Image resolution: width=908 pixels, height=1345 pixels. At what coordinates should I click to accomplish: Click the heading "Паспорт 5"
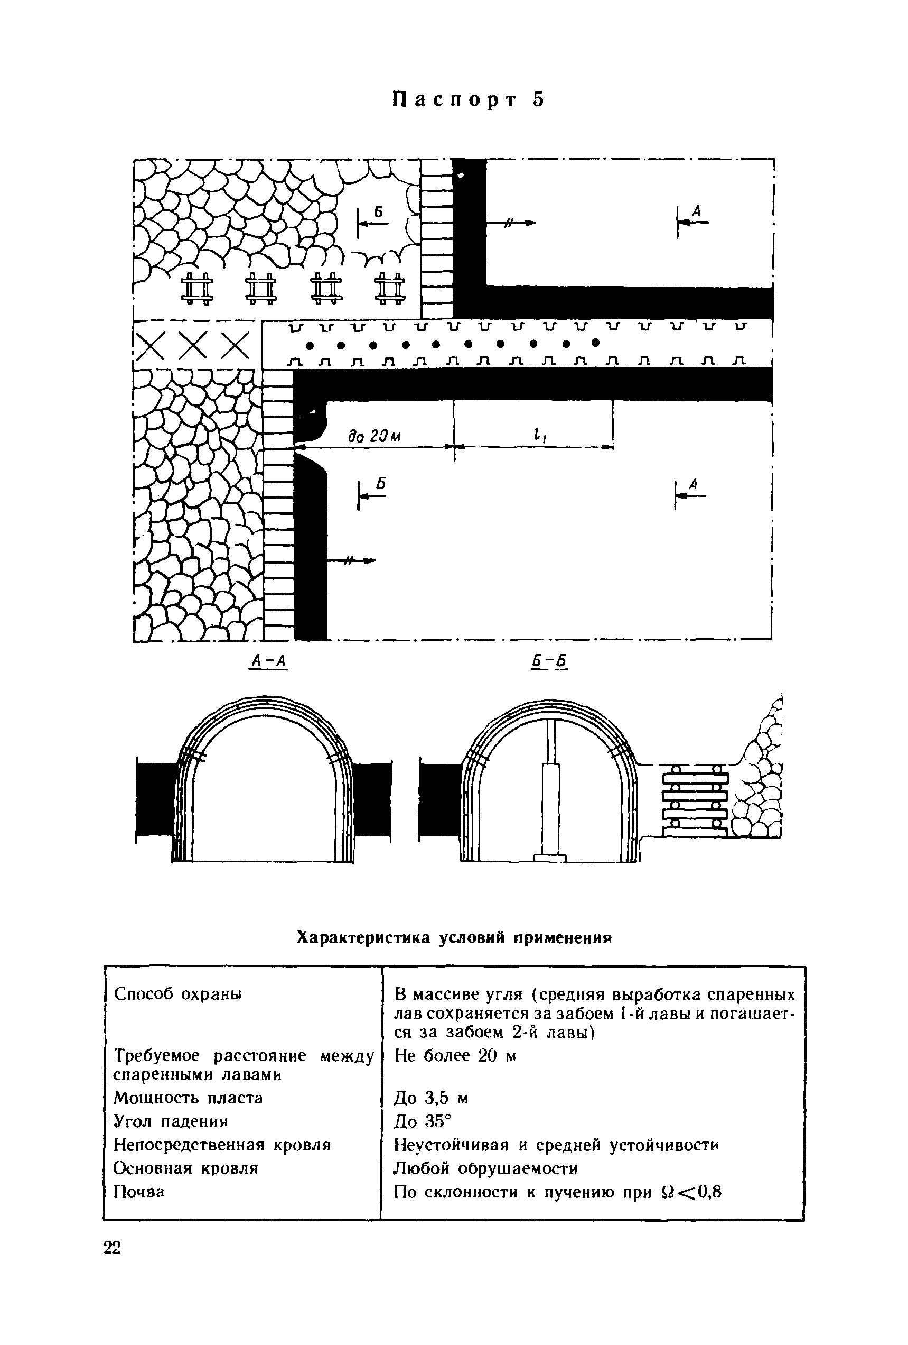coord(469,99)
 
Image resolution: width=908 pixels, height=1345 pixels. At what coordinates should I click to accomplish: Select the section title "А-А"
coord(268,660)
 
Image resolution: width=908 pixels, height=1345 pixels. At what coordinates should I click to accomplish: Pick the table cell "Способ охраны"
coord(177,994)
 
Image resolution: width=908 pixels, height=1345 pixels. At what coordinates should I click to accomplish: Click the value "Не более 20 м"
coord(455,1056)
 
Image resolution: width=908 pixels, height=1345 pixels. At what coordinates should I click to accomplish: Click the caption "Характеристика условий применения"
coord(454,936)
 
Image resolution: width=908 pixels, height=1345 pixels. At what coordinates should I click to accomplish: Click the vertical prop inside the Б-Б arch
coord(550,790)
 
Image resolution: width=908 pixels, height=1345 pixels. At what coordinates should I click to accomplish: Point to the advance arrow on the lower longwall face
coord(351,560)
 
